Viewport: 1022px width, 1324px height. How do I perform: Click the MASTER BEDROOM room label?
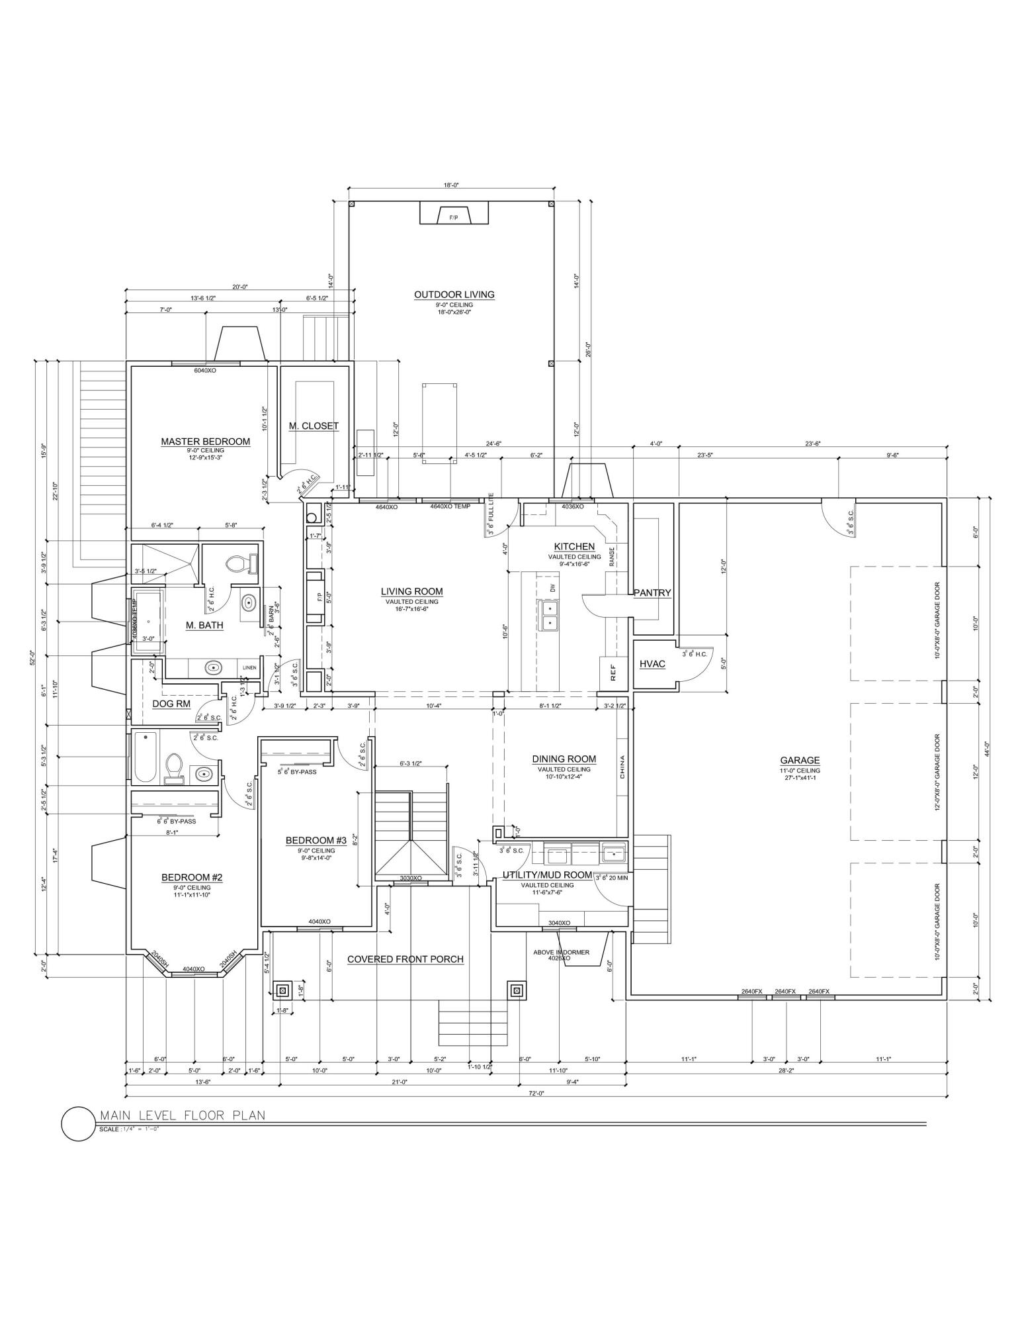click(205, 442)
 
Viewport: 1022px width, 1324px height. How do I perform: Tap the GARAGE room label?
click(799, 761)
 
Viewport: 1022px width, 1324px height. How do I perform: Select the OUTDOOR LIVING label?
click(454, 295)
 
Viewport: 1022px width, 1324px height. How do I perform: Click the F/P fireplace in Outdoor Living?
click(454, 217)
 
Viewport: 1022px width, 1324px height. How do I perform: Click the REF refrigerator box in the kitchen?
click(613, 673)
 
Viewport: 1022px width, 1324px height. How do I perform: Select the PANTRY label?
click(652, 593)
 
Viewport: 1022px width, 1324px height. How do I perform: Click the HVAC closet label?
click(652, 663)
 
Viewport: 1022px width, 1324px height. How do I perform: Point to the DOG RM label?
click(171, 704)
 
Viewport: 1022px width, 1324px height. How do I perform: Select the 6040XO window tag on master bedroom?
click(205, 371)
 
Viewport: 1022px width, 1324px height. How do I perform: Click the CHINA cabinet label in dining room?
click(622, 766)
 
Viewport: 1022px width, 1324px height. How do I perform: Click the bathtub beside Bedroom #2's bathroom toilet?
click(145, 757)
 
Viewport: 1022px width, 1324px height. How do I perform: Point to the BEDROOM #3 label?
click(310, 841)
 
